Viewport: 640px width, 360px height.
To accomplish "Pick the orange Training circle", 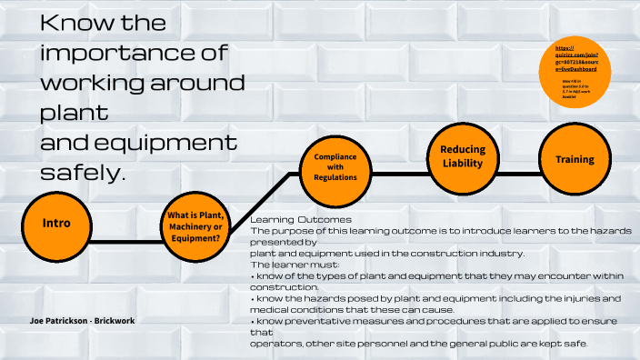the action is [x=575, y=159].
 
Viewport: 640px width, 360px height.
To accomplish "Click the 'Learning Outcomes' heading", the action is [x=294, y=220].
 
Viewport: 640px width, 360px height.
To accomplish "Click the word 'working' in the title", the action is [x=92, y=84].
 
